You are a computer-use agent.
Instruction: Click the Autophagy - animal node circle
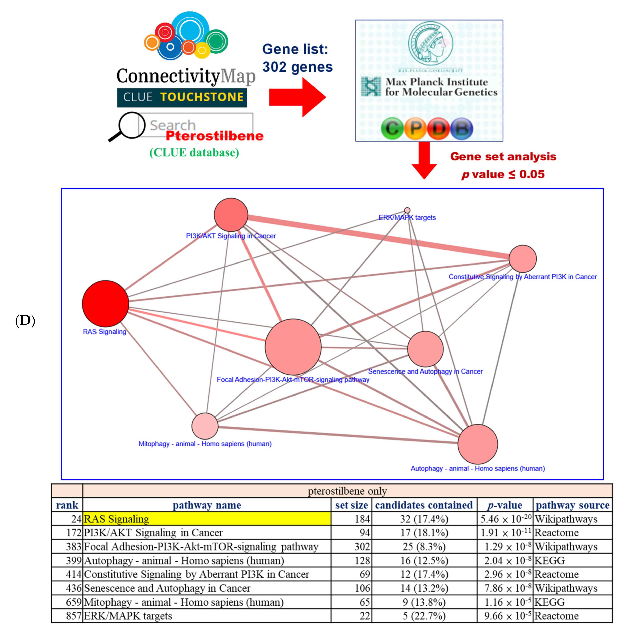478,444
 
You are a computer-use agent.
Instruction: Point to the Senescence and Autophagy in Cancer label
425,372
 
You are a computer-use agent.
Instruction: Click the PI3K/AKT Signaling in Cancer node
231,215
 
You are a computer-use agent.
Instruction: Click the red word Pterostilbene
214,136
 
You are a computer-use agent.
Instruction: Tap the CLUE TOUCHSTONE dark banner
182,97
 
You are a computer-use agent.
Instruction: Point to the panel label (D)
25,321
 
